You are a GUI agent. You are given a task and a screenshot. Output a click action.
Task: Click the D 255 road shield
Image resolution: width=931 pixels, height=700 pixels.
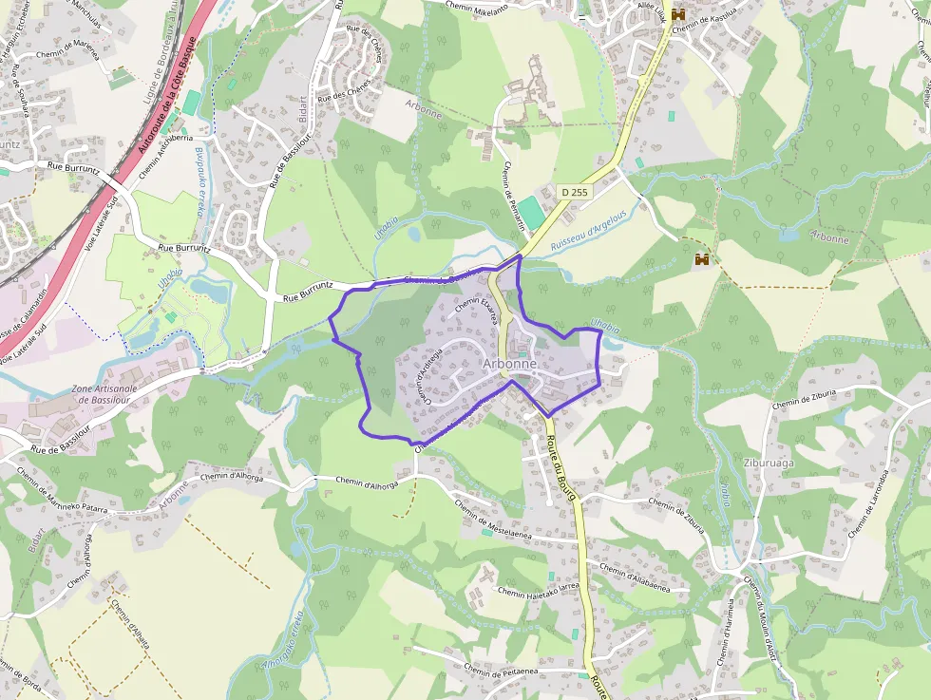coord(574,192)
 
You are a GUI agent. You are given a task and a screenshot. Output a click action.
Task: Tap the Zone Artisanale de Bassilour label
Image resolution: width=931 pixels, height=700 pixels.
coord(105,395)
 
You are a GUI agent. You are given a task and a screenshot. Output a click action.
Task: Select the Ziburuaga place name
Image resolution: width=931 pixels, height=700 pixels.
coord(769,464)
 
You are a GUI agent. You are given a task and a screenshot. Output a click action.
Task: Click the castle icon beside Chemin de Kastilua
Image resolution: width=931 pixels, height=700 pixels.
coord(678,15)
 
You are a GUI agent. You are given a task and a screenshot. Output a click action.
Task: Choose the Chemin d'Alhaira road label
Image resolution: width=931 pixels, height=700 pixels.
coord(131,621)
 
